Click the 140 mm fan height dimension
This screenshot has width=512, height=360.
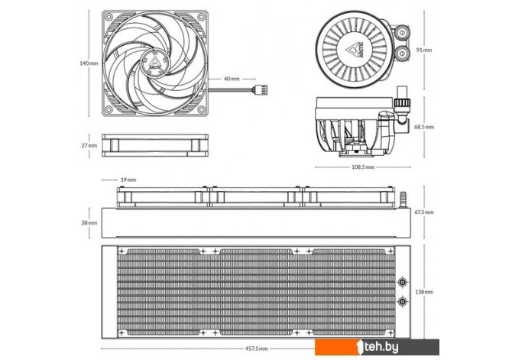[x=89, y=63]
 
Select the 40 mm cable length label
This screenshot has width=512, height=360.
[x=232, y=79]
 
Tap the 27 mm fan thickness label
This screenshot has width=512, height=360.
[x=89, y=145]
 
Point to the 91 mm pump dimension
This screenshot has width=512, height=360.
[x=424, y=50]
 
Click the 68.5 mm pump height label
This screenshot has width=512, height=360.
[x=424, y=127]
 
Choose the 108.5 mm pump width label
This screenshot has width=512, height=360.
[x=363, y=167]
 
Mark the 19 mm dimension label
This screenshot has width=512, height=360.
[x=128, y=180]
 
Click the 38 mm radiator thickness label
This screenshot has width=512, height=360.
[x=89, y=222]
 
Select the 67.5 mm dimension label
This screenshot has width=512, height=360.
[x=424, y=212]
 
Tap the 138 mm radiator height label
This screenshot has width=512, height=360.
[x=424, y=292]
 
